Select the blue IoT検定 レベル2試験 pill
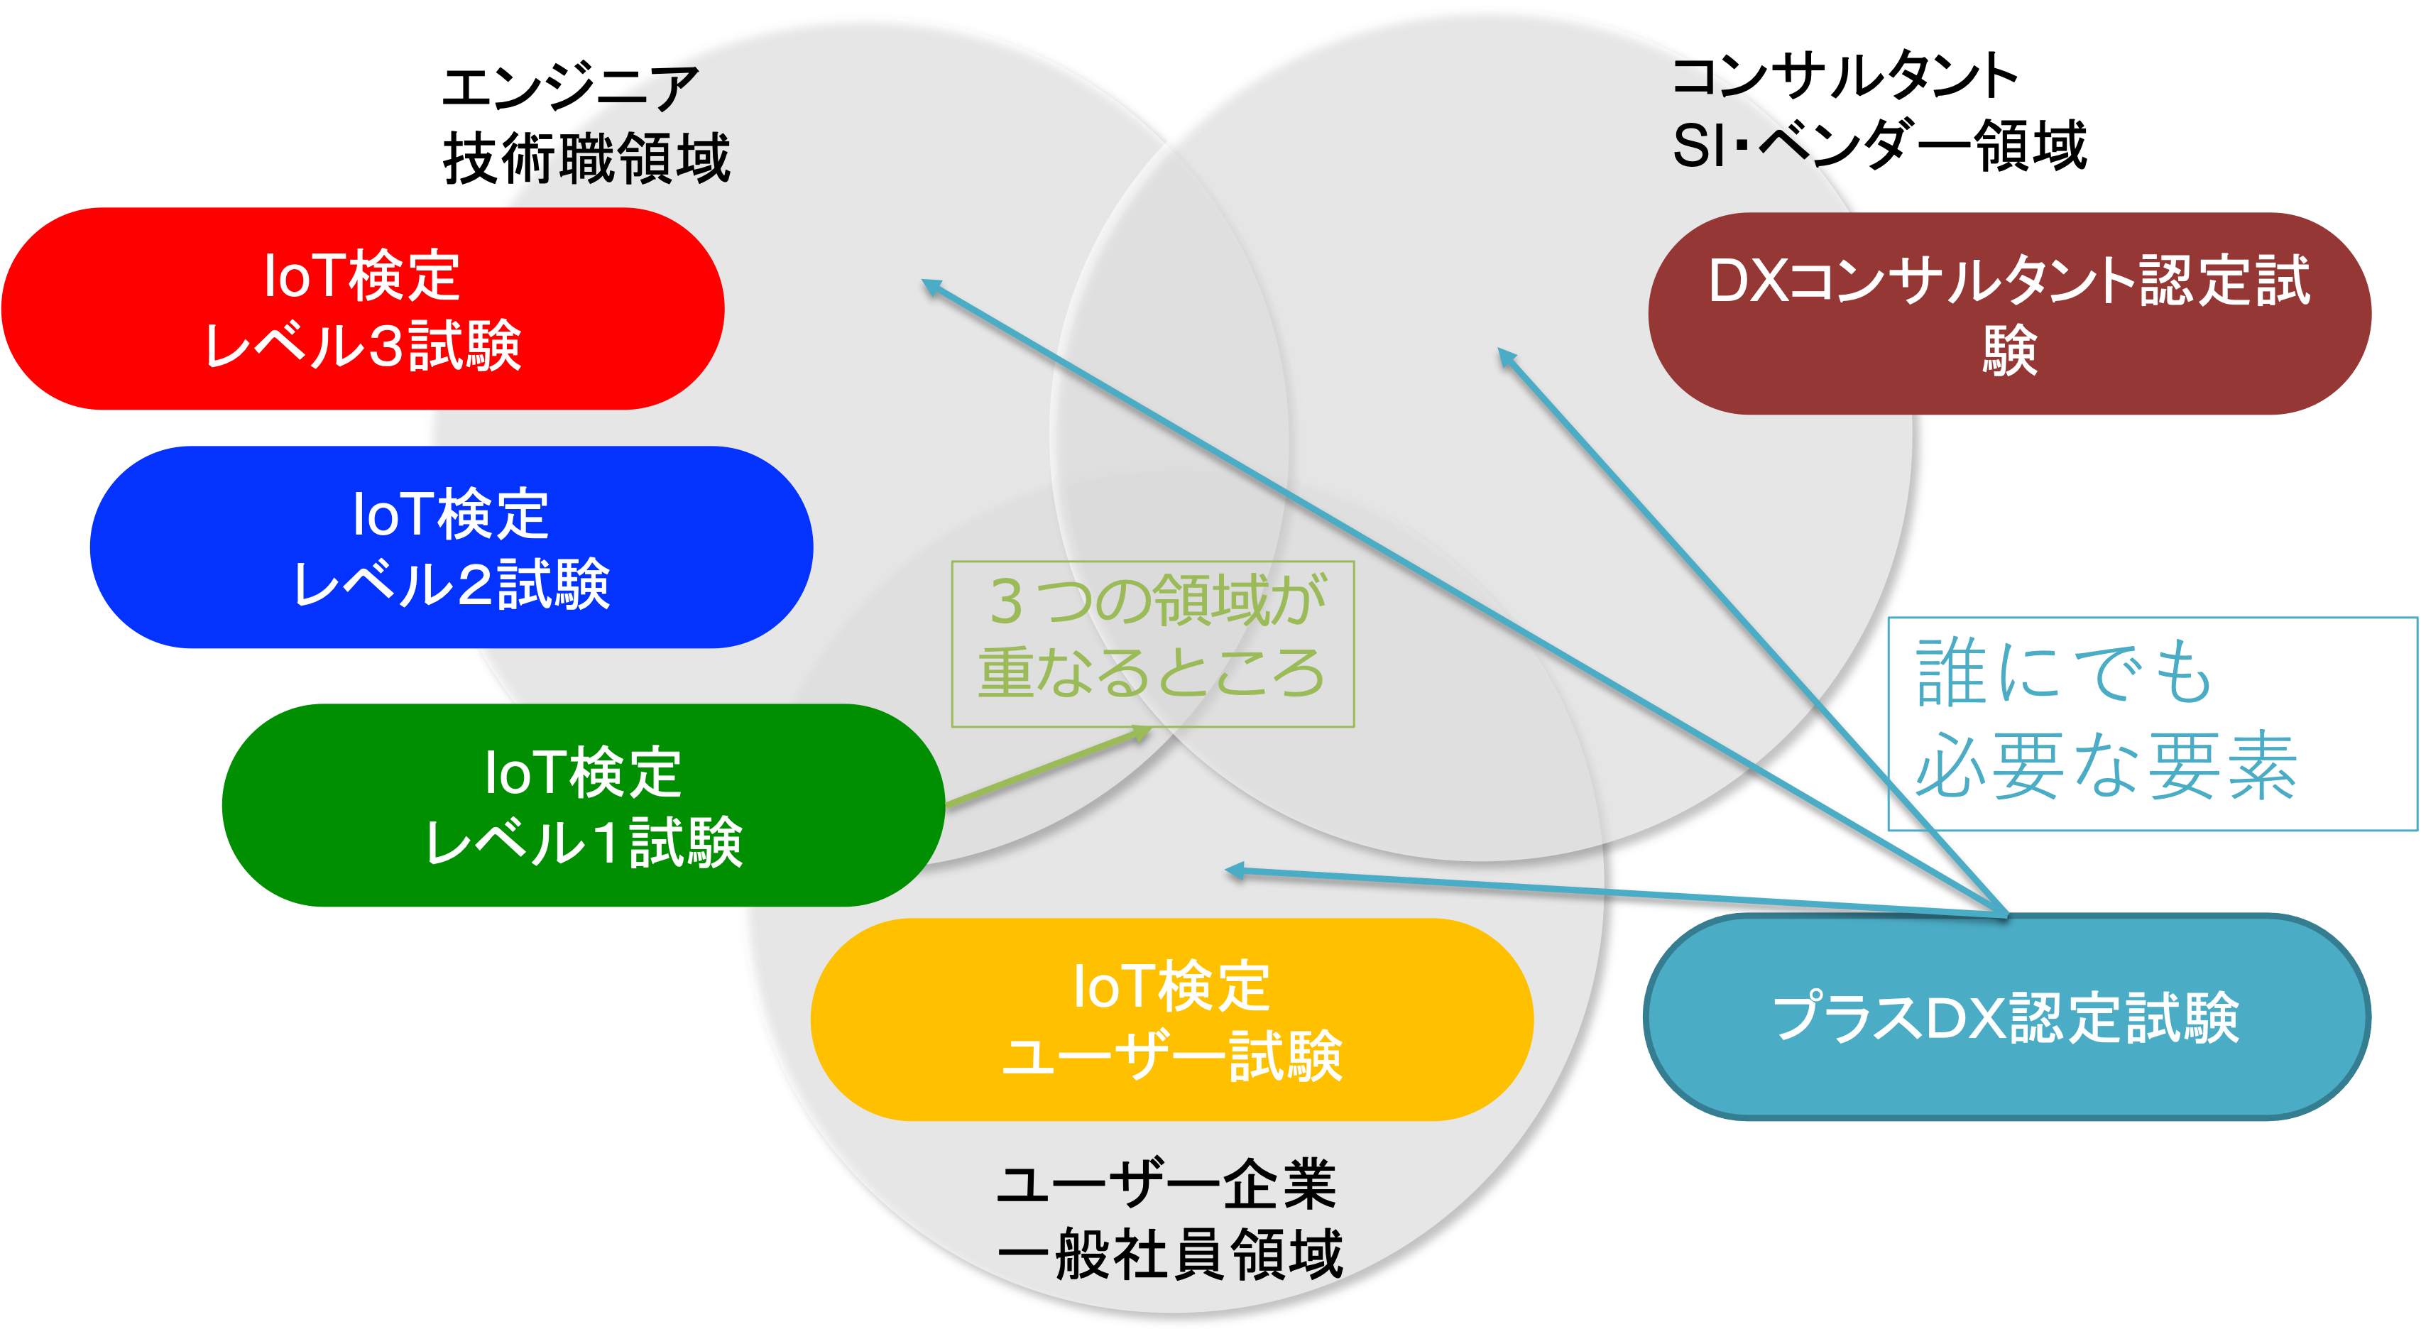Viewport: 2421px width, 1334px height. (x=451, y=547)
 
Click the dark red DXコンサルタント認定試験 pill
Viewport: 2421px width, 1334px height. (x=2009, y=314)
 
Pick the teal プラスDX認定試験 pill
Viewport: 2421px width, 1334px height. (x=2006, y=1017)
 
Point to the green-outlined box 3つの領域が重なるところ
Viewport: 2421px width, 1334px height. (x=1152, y=644)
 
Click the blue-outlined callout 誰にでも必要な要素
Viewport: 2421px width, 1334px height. (x=2152, y=724)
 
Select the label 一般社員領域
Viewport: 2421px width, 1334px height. (x=1169, y=1255)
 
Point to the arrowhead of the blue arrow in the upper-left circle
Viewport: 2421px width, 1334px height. (x=931, y=285)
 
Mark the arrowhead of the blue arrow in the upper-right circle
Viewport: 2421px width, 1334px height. (x=1506, y=356)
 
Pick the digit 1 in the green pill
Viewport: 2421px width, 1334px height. (x=607, y=842)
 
